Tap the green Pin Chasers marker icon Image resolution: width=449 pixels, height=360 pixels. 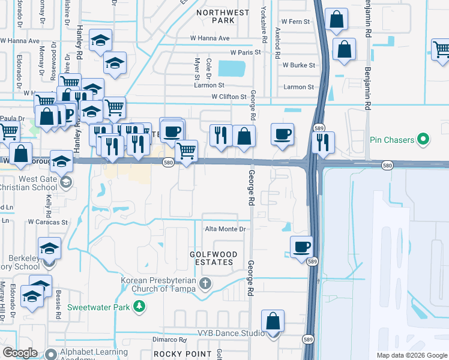tap(423, 140)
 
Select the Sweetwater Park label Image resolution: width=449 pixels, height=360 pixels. tap(99, 307)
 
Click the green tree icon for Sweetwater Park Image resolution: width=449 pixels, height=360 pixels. tap(139, 307)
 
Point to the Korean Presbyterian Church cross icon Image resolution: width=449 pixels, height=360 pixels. tap(205, 283)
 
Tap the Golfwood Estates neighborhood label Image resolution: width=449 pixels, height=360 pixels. tap(211, 258)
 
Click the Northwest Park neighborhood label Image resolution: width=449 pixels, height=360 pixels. tap(214, 16)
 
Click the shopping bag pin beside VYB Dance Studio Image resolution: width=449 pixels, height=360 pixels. tap(273, 322)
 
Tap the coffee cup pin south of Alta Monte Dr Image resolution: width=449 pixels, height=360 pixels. tap(301, 246)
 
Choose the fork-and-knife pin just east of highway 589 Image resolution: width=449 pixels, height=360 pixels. tap(324, 142)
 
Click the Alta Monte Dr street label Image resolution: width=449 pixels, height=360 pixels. tap(226, 229)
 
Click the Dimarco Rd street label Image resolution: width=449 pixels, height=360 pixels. tap(170, 340)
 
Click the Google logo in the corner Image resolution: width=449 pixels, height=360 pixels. tap(20, 353)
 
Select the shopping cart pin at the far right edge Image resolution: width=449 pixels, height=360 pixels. tap(442, 52)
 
